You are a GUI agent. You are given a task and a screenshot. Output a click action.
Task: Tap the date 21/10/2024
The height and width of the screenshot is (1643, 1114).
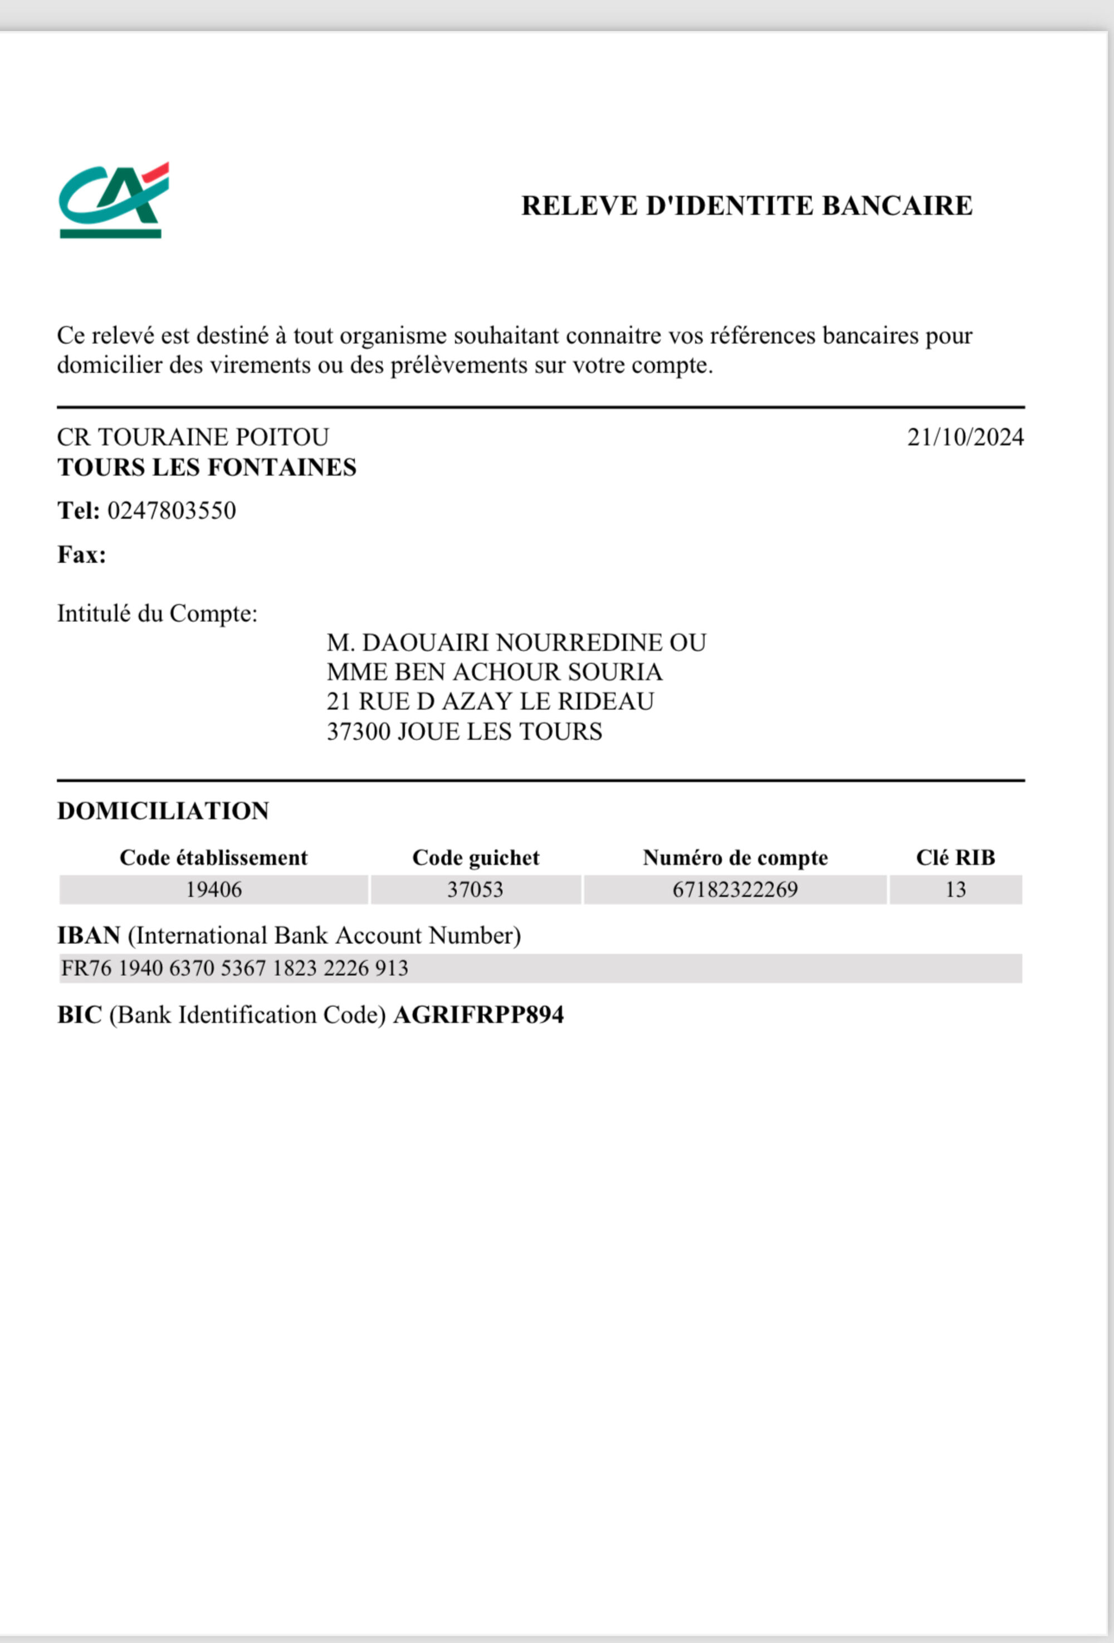pyautogui.click(x=965, y=438)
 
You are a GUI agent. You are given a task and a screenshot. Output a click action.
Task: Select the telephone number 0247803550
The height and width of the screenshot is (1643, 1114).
pyautogui.click(x=171, y=510)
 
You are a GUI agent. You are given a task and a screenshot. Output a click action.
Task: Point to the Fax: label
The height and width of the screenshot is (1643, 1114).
pyautogui.click(x=81, y=554)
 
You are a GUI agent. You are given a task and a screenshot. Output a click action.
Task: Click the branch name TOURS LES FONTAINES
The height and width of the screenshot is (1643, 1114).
pyautogui.click(x=207, y=467)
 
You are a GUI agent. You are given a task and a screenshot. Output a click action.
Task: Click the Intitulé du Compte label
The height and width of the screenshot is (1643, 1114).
pyautogui.click(x=157, y=613)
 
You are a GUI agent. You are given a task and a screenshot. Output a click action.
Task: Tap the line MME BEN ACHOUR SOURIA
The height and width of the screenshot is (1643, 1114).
pyautogui.click(x=494, y=672)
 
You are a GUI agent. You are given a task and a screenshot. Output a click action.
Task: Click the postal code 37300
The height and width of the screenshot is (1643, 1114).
pyautogui.click(x=358, y=731)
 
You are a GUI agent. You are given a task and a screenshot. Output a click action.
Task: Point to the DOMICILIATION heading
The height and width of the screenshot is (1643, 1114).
pyautogui.click(x=163, y=811)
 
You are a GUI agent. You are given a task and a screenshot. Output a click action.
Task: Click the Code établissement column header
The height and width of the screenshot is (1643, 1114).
pyautogui.click(x=213, y=858)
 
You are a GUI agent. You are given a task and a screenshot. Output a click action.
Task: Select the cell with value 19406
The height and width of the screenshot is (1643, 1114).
pyautogui.click(x=213, y=889)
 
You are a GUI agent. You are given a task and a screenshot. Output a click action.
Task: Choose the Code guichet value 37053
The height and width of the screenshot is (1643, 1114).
pyautogui.click(x=475, y=889)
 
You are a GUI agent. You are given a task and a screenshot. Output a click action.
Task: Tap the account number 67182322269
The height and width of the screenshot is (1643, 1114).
pyautogui.click(x=735, y=889)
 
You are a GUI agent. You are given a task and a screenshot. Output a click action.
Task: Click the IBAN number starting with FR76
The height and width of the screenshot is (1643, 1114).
pyautogui.click(x=234, y=968)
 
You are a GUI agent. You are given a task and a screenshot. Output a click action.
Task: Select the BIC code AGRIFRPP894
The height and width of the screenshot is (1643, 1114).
pyautogui.click(x=478, y=1015)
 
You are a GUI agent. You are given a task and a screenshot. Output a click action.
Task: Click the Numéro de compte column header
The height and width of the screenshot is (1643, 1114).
pyautogui.click(x=735, y=858)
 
